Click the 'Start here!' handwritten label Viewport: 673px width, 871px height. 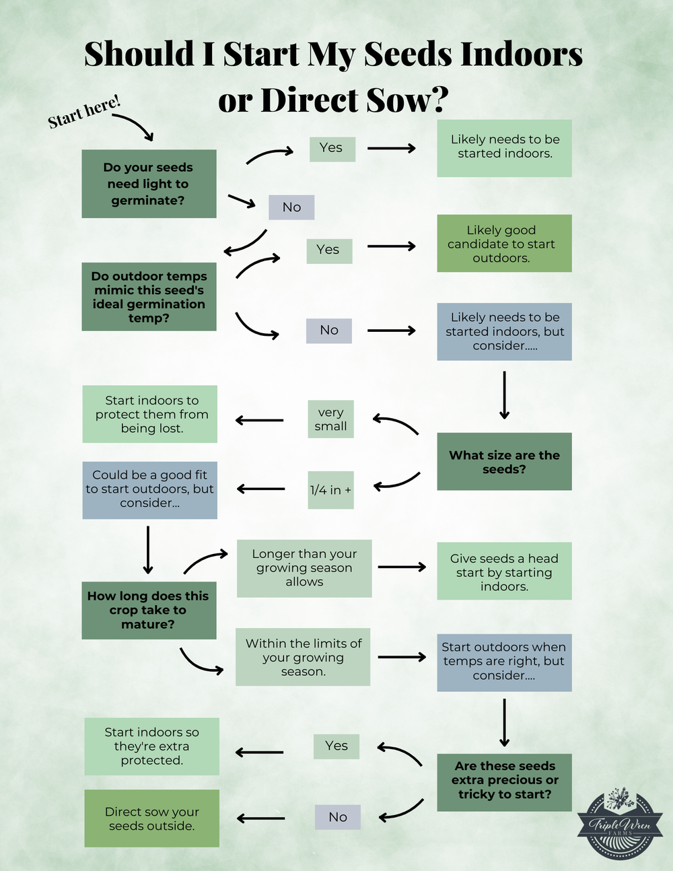pos(84,112)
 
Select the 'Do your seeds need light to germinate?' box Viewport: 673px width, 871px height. pos(149,184)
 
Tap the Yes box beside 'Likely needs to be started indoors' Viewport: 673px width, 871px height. pos(332,148)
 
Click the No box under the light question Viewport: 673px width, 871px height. pos(291,207)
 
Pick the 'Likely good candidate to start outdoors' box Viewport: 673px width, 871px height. pos(504,244)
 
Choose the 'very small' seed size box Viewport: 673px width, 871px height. pos(330,419)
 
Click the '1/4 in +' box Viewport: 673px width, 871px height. pos(330,490)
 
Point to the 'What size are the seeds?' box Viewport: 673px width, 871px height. pos(504,462)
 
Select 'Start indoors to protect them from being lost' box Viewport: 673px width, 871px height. pos(150,414)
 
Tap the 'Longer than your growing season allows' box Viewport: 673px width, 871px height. pos(304,568)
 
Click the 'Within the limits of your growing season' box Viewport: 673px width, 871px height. pos(303,657)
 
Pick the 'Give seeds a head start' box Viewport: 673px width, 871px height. pos(504,571)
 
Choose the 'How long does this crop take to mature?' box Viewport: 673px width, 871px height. pos(149,611)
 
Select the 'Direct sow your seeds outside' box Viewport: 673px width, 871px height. pos(152,818)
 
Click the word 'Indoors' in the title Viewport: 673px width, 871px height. pos(520,54)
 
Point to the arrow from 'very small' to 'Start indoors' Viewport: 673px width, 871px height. pos(260,421)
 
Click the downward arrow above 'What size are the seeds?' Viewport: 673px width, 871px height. pos(504,395)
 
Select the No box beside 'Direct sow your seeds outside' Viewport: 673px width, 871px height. pos(338,817)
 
